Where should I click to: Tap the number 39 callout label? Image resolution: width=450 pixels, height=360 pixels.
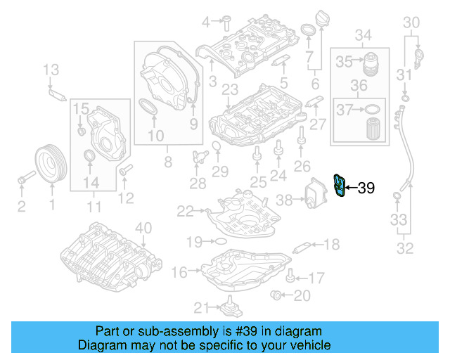pos(366,188)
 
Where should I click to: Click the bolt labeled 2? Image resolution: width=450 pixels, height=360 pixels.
pos(22,181)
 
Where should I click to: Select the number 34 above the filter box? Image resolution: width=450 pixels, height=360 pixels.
pos(362,34)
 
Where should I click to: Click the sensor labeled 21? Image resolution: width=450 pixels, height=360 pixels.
pos(229,309)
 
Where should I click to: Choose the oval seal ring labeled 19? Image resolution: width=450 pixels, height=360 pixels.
pos(219,241)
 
